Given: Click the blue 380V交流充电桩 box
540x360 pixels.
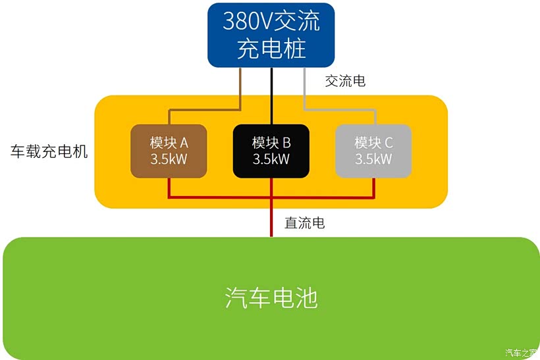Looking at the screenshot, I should click(x=271, y=35).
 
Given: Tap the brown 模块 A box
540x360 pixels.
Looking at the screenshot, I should click(x=169, y=151).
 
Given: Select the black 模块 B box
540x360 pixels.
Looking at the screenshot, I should click(x=271, y=151).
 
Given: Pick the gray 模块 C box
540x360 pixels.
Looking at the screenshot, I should click(x=373, y=151).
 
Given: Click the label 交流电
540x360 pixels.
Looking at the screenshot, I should click(x=345, y=82).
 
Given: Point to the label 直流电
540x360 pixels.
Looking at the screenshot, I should click(x=304, y=223).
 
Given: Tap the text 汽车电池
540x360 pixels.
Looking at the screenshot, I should click(x=271, y=298).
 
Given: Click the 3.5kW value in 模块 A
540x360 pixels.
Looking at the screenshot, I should click(x=169, y=159).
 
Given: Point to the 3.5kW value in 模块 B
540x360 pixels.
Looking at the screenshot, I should click(x=271, y=159).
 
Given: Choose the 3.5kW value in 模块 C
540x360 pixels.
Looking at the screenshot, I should click(x=373, y=159).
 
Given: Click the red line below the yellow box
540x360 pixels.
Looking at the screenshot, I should click(x=271, y=224).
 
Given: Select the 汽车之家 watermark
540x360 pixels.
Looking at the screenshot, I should click(x=522, y=352).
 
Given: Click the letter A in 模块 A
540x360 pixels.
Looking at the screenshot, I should click(x=184, y=143).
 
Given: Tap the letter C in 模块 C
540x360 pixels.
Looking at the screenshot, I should click(x=389, y=143).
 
